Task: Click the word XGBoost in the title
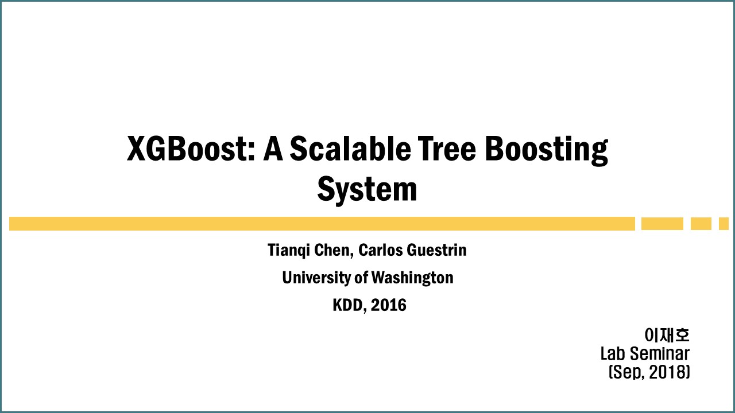[191, 149]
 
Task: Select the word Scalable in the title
[350, 149]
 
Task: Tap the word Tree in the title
[447, 149]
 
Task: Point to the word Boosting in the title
[547, 151]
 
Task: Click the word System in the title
[367, 189]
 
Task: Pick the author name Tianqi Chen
[310, 250]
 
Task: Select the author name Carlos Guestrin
[412, 250]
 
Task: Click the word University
[316, 278]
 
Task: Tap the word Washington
[412, 278]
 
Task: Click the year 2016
[389, 305]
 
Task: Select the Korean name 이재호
[667, 334]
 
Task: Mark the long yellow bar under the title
[322, 224]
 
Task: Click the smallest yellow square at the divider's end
[724, 224]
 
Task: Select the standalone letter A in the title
[273, 149]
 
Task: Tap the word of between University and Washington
[361, 278]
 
